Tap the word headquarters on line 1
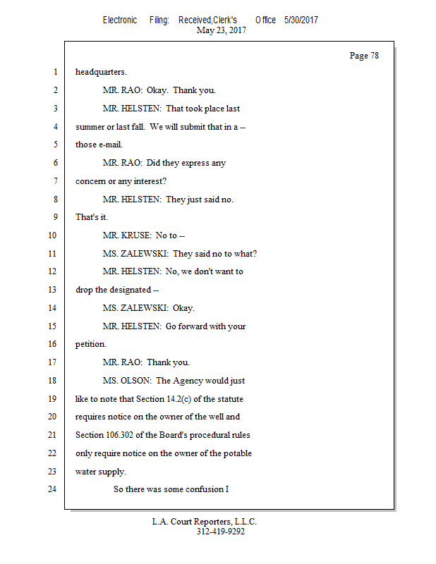(x=101, y=72)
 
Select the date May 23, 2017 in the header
(x=222, y=30)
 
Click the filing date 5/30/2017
(x=301, y=20)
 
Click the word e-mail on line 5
(x=109, y=145)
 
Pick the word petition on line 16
(x=90, y=345)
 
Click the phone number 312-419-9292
(x=221, y=532)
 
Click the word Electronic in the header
(x=120, y=20)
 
